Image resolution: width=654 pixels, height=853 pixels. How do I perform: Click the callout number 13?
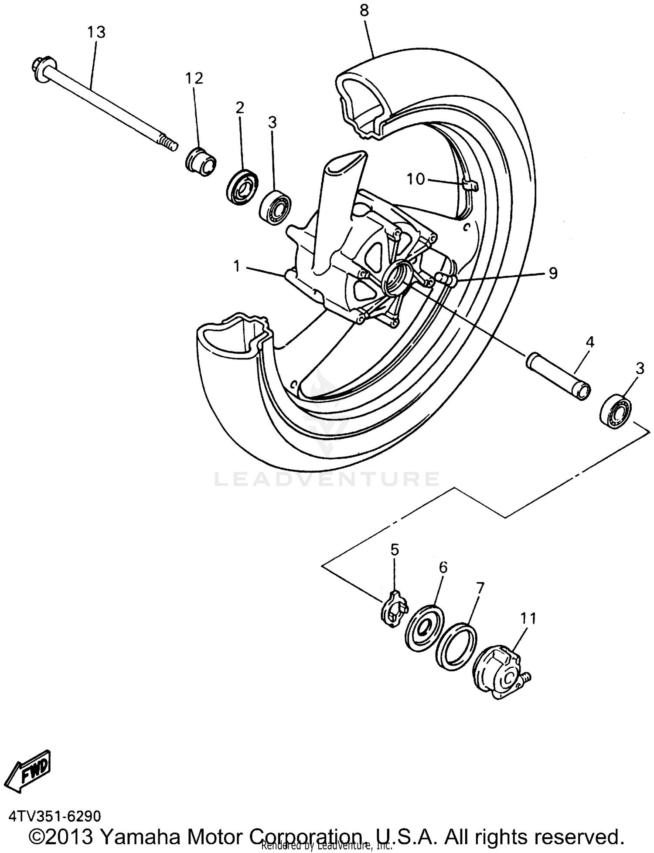pyautogui.click(x=96, y=32)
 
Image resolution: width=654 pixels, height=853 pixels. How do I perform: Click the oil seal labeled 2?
pyautogui.click(x=242, y=187)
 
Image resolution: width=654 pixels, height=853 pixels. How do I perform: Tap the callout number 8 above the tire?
pyautogui.click(x=364, y=10)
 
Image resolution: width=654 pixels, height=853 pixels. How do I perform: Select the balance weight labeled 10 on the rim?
pyautogui.click(x=470, y=186)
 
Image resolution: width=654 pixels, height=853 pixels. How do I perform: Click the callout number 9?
pyautogui.click(x=552, y=274)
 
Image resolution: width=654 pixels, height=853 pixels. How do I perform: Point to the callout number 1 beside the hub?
pyautogui.click(x=237, y=266)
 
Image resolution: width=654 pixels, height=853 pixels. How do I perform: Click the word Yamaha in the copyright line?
pyautogui.click(x=140, y=835)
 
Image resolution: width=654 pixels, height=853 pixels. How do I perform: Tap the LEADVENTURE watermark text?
pyautogui.click(x=327, y=479)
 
